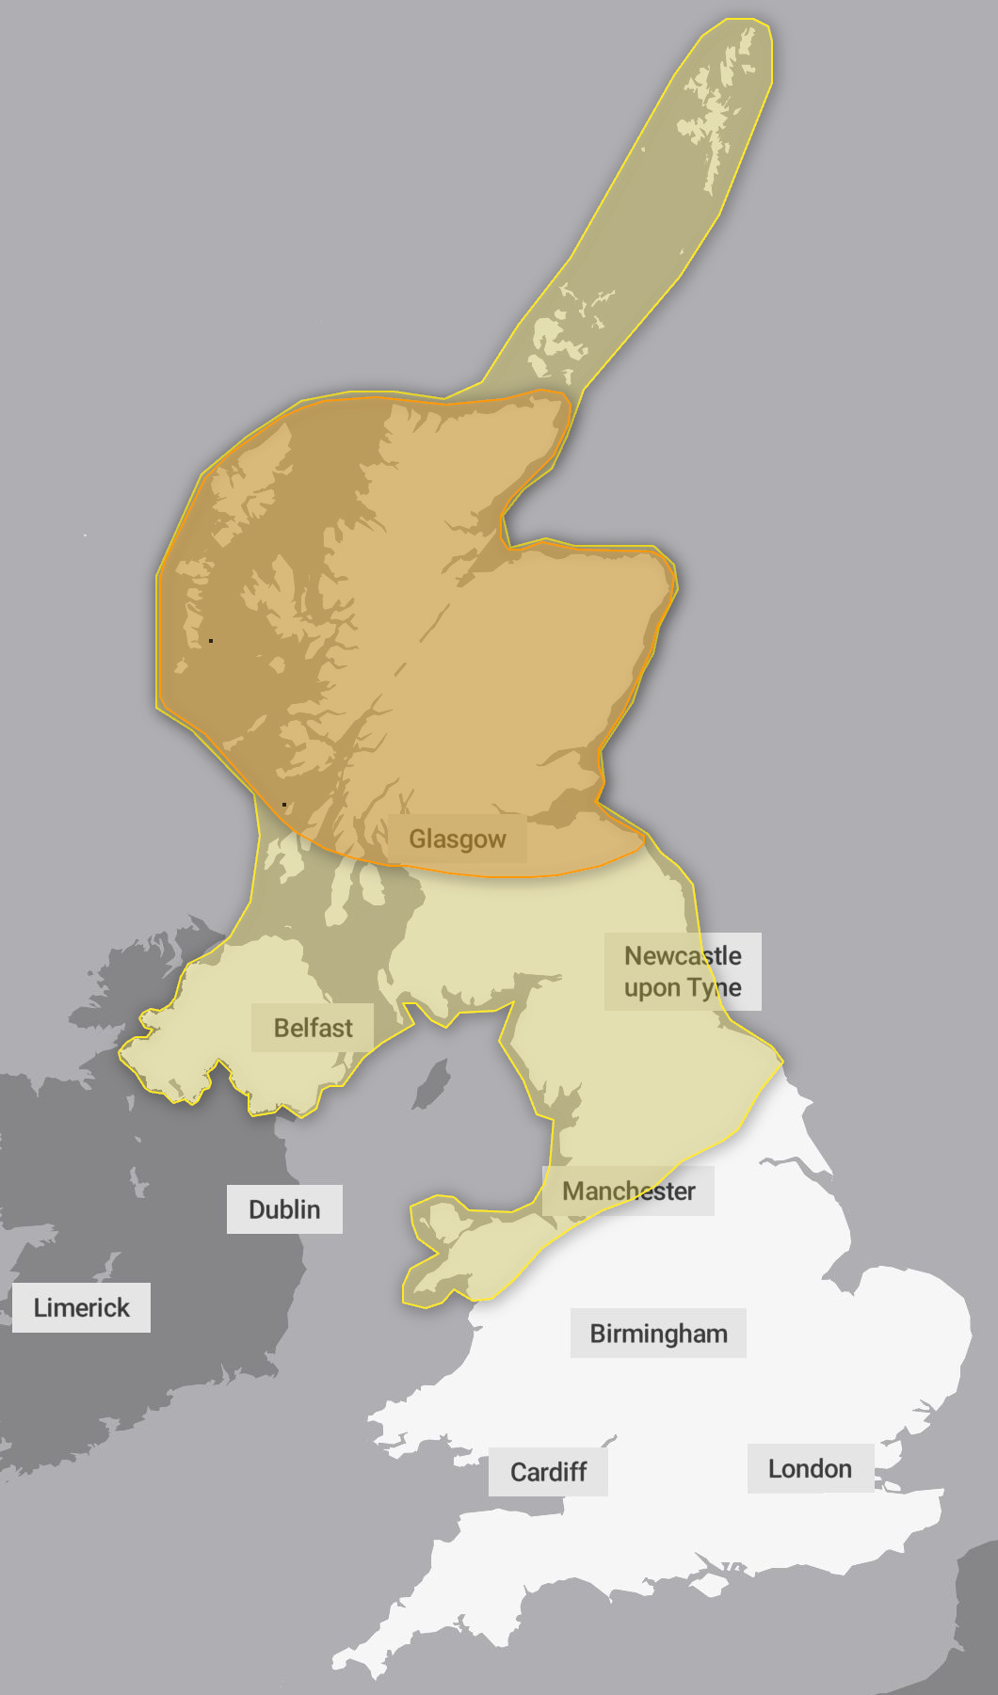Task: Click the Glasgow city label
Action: click(458, 839)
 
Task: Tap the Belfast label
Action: click(313, 1028)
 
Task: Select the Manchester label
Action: click(628, 1191)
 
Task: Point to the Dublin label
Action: click(284, 1209)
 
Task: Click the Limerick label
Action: click(82, 1307)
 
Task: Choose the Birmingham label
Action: click(658, 1334)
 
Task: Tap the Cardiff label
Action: click(548, 1472)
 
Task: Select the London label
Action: click(810, 1469)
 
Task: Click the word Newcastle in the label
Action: click(683, 956)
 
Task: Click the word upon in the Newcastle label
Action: click(652, 988)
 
